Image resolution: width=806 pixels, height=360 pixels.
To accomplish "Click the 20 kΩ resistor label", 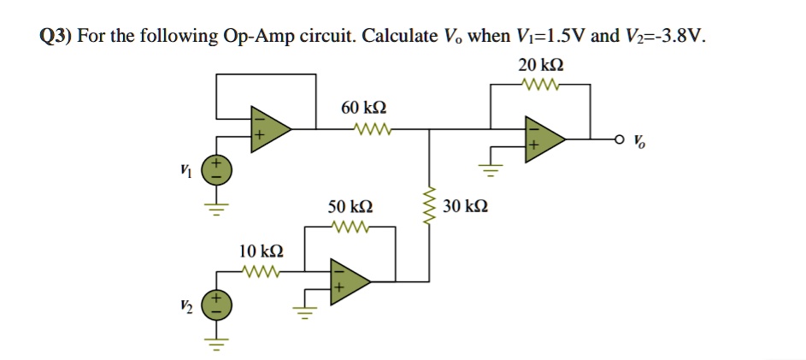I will click(540, 65).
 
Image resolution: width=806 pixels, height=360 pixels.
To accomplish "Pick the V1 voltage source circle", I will click(215, 168).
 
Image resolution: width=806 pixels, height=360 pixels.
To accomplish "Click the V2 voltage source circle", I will click(215, 305).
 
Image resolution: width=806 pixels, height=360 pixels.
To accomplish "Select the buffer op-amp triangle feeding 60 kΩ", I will click(268, 131).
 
